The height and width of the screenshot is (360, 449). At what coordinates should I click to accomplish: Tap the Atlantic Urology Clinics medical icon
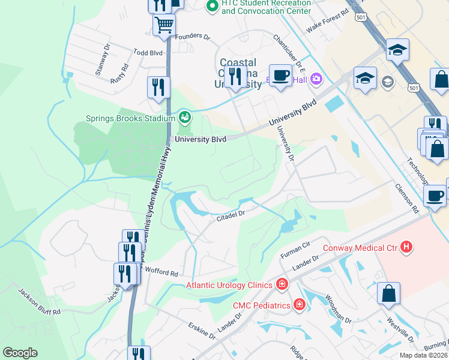tap(281, 285)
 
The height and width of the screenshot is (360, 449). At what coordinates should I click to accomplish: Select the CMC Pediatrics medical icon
tap(299, 305)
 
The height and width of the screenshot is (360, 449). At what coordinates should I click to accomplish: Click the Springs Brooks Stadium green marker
tap(184, 115)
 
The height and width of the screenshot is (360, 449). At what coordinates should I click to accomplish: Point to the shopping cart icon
tap(164, 25)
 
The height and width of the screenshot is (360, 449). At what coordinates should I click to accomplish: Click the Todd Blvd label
tap(148, 53)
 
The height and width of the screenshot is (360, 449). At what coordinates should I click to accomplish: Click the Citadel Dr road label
tap(231, 215)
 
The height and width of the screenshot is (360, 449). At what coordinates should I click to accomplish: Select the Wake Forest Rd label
tap(327, 20)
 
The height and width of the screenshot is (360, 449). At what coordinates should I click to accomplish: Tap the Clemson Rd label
tap(406, 199)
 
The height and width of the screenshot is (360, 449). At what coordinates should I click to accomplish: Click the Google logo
tap(20, 352)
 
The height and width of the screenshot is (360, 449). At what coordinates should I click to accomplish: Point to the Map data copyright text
tap(423, 355)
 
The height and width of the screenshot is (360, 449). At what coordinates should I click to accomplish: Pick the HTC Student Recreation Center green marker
tap(211, 7)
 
